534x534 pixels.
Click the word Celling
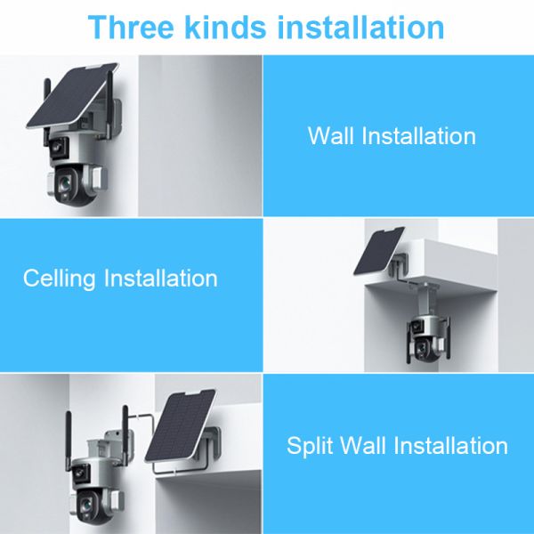pyautogui.click(x=61, y=279)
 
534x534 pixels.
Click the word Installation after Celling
pyautogui.click(x=160, y=279)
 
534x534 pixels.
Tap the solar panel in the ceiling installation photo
pyautogui.click(x=382, y=250)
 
